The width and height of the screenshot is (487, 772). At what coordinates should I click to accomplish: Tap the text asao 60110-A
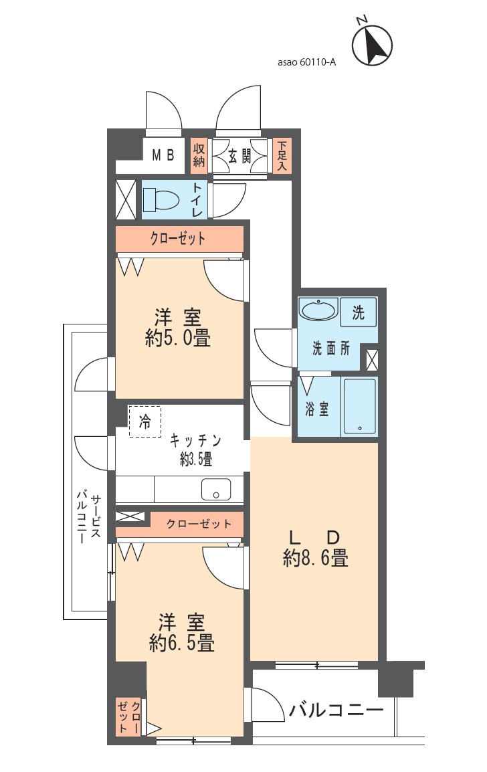tap(307, 62)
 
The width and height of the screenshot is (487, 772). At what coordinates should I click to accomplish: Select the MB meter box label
tap(163, 156)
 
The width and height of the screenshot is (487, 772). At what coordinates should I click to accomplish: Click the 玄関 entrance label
tap(239, 157)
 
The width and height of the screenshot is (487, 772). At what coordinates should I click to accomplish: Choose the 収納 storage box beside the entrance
tap(199, 156)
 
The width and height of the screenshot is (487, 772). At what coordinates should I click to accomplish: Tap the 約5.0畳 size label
tap(178, 339)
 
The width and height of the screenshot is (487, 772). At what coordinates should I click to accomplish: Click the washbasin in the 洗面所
tap(318, 310)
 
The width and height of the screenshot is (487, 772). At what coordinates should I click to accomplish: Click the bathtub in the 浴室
tap(359, 405)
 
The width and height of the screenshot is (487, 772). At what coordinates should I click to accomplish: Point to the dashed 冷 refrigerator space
tap(144, 421)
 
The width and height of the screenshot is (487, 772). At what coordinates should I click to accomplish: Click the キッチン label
tap(195, 440)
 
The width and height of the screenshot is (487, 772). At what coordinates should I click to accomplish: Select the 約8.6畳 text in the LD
tap(316, 559)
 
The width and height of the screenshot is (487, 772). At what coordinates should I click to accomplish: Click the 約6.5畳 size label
tap(181, 643)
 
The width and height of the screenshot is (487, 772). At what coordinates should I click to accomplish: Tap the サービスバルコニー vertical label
tap(89, 518)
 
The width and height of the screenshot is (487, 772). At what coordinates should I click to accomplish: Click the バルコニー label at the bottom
tap(336, 710)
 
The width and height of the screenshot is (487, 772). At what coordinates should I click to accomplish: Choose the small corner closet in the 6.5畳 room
tap(128, 717)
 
